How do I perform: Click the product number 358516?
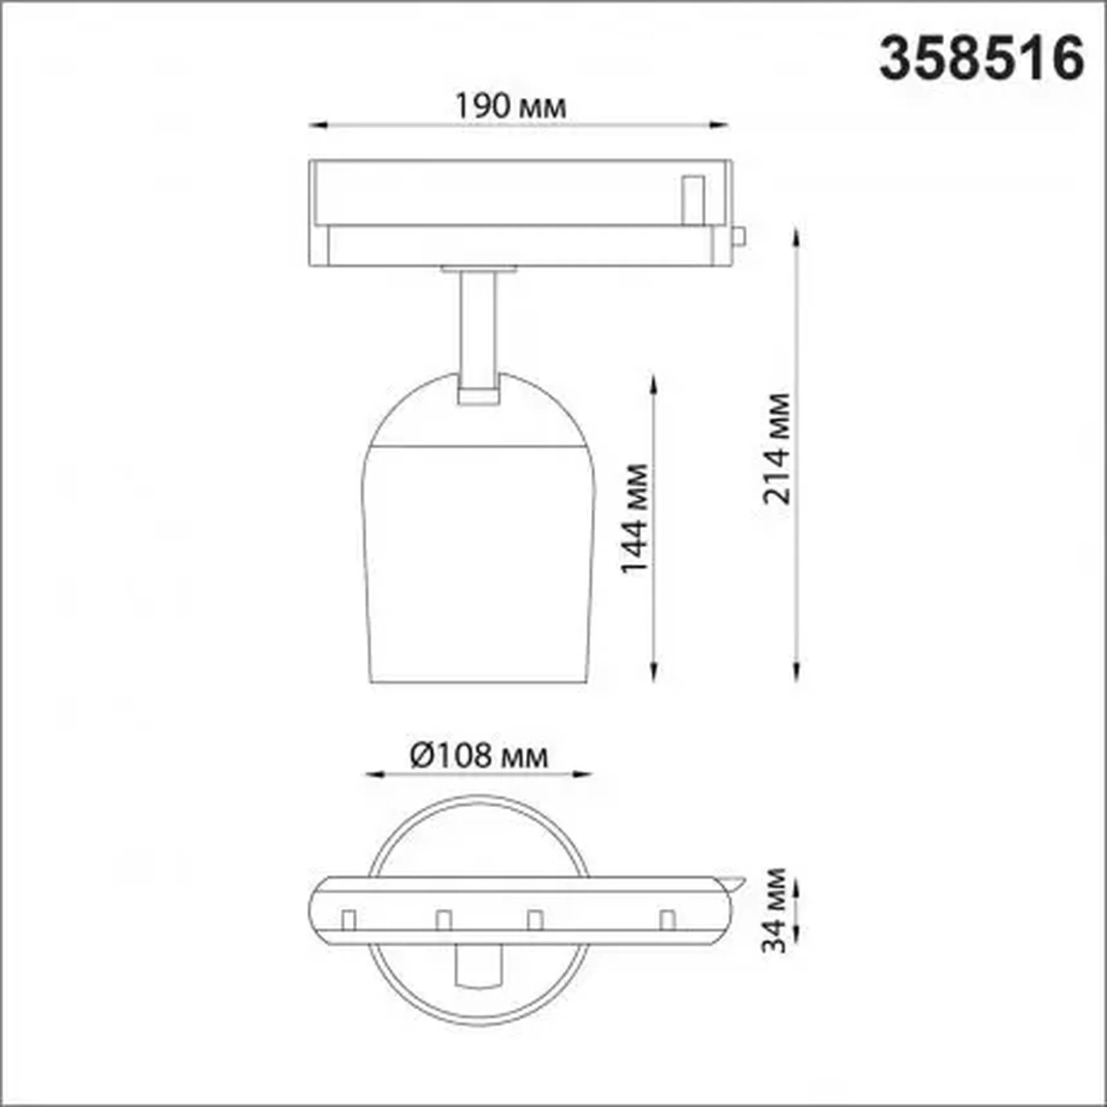(981, 58)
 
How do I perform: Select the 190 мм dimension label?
(511, 106)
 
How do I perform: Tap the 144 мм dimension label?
(634, 518)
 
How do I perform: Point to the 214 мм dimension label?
(776, 448)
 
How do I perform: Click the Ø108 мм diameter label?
(479, 756)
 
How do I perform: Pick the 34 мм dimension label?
(774, 910)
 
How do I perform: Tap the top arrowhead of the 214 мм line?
(797, 237)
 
